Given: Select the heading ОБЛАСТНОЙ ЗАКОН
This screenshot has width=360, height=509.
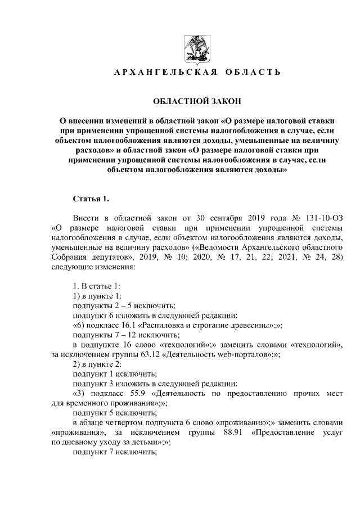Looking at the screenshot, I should pyautogui.click(x=196, y=101).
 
